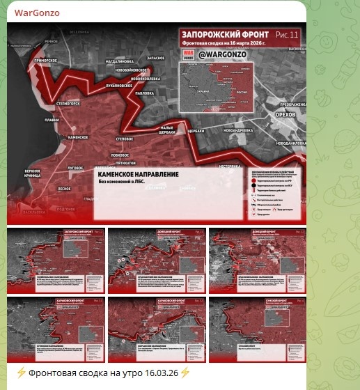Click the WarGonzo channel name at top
coord(37,13)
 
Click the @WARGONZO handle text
coord(226,54)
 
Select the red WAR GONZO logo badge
coord(188,55)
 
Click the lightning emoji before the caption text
coord(22,373)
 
